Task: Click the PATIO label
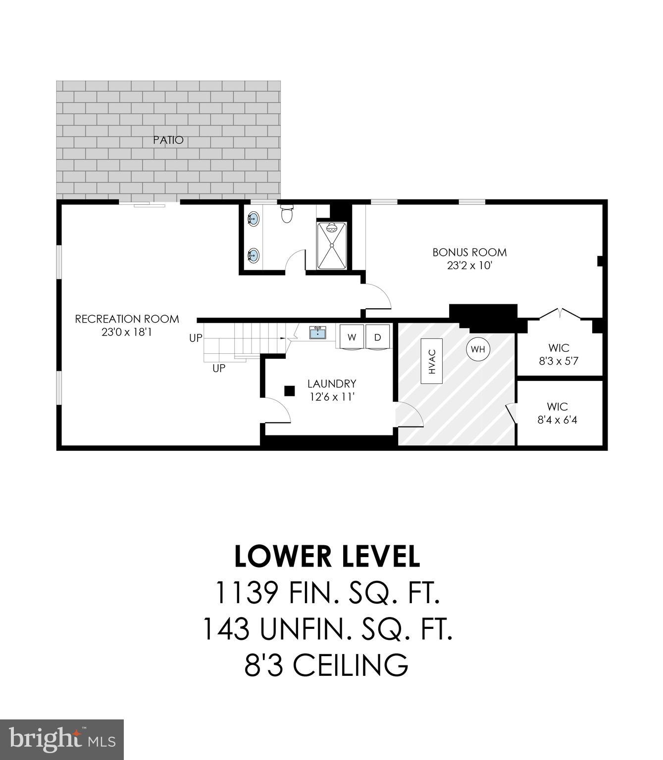tap(168, 140)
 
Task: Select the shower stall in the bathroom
tap(332, 245)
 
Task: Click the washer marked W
tap(352, 337)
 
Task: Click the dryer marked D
tap(378, 337)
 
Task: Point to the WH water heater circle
tap(478, 349)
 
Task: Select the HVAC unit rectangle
tap(432, 361)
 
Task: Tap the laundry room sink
tap(317, 332)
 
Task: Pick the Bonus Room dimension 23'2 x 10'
tap(469, 266)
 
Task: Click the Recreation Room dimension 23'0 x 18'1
tap(127, 332)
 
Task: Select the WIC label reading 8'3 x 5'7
tap(559, 361)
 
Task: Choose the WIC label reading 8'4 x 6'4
tap(557, 420)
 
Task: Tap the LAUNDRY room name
tap(331, 383)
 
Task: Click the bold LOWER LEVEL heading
tap(327, 556)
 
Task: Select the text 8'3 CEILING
tap(327, 665)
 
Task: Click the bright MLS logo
tap(62, 739)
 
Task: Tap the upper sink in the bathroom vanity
tap(253, 218)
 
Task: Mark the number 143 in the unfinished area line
tap(226, 629)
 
